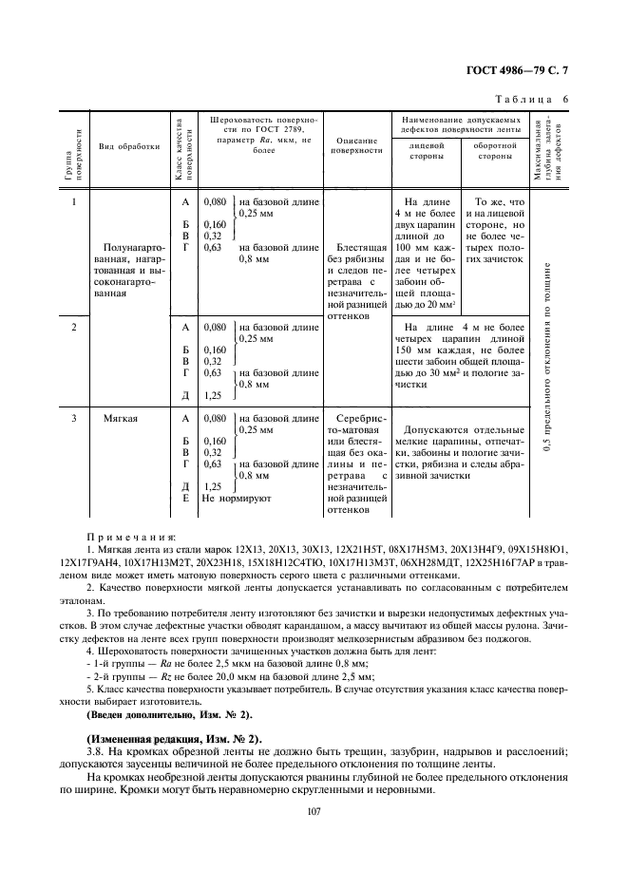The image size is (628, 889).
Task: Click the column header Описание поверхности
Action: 358,144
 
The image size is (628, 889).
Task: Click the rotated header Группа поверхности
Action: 72,152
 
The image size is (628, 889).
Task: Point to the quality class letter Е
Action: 185,498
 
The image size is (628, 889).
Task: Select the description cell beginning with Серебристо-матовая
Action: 358,463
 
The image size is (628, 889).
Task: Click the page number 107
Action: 314,810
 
